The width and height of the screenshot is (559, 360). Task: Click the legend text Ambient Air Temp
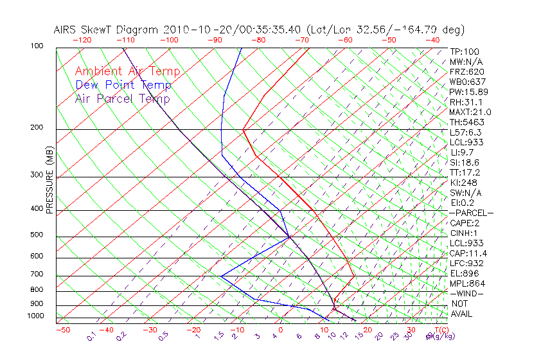pos(127,71)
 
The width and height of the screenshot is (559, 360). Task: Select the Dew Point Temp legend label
pos(123,85)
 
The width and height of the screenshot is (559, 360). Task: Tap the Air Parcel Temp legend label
pos(123,98)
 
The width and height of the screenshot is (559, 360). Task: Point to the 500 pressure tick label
pos(36,235)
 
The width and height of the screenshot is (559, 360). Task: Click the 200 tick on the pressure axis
pos(36,128)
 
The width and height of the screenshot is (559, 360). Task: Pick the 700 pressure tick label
pos(36,274)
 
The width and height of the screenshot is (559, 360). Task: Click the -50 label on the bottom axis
pos(62,330)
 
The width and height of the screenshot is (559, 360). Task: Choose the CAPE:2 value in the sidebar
pos(465,223)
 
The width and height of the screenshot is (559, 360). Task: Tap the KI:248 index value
pos(465,183)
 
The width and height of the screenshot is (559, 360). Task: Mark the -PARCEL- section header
pos(472,213)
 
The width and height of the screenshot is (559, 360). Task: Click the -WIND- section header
pos(467,293)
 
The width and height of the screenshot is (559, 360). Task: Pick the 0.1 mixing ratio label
pos(92,337)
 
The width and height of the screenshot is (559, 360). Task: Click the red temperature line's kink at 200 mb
pos(244,130)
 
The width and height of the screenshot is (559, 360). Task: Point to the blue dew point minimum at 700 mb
pos(221,276)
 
